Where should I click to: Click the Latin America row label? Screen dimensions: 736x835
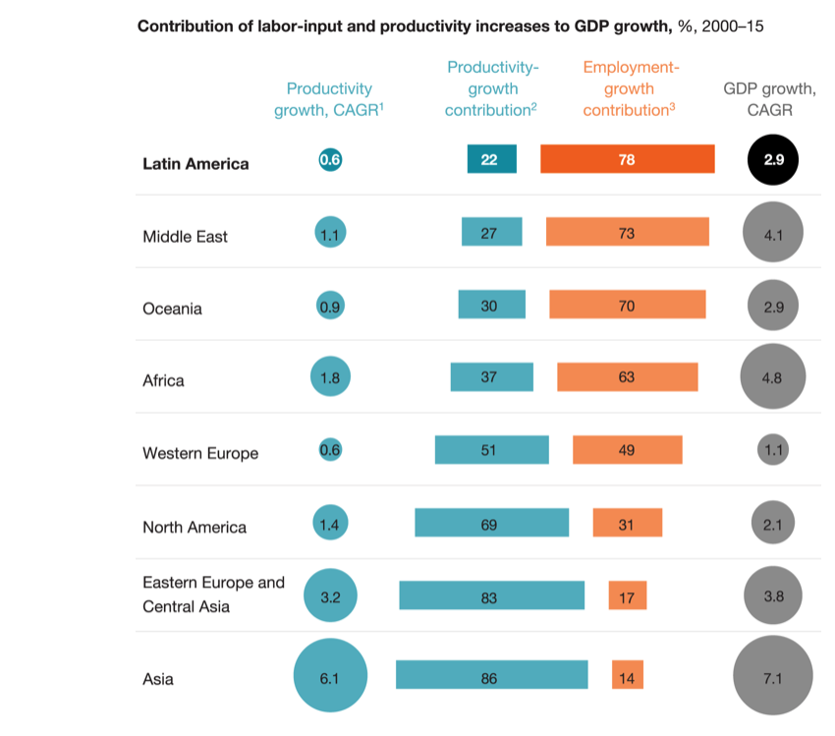coord(195,164)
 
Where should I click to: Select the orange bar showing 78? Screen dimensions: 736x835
coord(627,159)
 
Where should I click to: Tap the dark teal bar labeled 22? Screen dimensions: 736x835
coord(491,159)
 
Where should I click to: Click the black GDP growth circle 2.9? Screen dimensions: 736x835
coord(773,159)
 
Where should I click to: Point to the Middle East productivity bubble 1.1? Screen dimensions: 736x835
coord(329,234)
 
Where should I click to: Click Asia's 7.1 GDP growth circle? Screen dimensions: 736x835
coord(772,676)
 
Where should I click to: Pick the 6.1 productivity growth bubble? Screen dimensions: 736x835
coord(330,676)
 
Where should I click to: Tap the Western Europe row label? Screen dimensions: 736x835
coord(200,454)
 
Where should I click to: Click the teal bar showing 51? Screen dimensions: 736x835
coord(491,450)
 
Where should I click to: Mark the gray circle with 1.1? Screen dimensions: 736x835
coord(772,451)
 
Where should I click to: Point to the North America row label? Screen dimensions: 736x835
coord(195,528)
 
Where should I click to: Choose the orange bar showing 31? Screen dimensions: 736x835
coord(627,523)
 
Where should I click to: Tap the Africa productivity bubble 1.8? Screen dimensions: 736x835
coord(329,377)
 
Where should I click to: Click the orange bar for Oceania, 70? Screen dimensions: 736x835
coord(627,305)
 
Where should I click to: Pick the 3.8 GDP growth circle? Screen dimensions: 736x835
coord(772,595)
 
